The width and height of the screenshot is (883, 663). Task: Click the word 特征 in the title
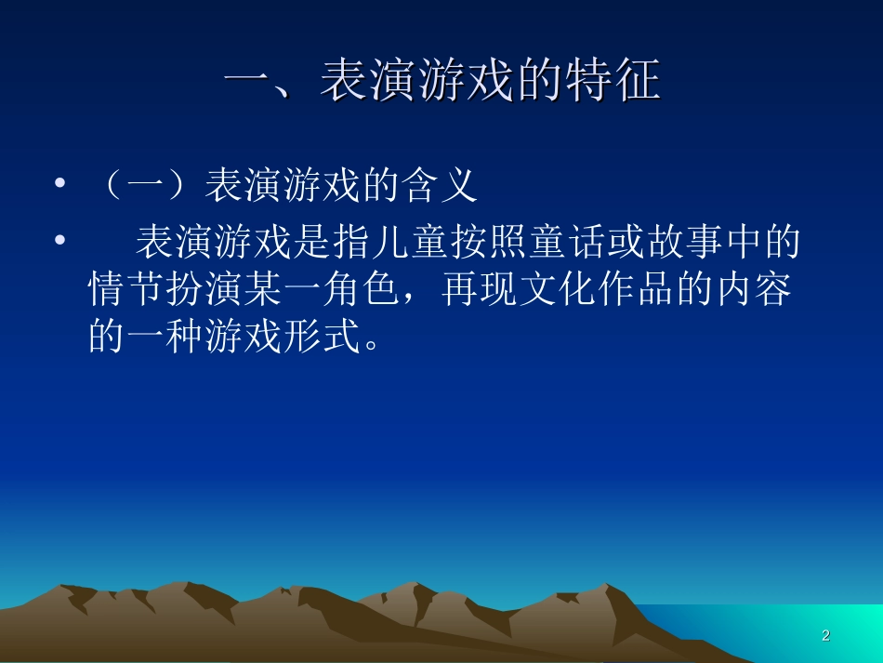613,81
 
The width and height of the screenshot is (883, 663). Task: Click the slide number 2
825,636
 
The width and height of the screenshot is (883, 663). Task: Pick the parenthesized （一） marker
144,187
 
